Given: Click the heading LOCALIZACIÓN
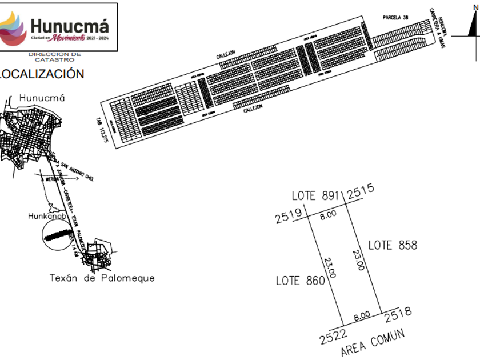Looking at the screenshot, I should [x=42, y=74].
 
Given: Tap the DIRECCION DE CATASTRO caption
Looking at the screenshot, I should [x=54, y=57].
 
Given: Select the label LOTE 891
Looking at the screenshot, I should [x=315, y=195].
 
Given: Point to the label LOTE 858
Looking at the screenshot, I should [x=393, y=245].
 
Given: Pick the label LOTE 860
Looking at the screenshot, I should [x=300, y=281].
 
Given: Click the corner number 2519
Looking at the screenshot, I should [x=288, y=215].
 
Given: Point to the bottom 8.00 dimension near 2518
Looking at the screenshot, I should [x=362, y=315].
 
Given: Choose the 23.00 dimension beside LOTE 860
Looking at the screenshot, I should [x=331, y=267].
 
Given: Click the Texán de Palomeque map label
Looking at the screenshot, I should [x=102, y=278].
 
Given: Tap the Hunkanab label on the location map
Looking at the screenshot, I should [x=48, y=217].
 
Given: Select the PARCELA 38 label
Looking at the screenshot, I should [x=395, y=18].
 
